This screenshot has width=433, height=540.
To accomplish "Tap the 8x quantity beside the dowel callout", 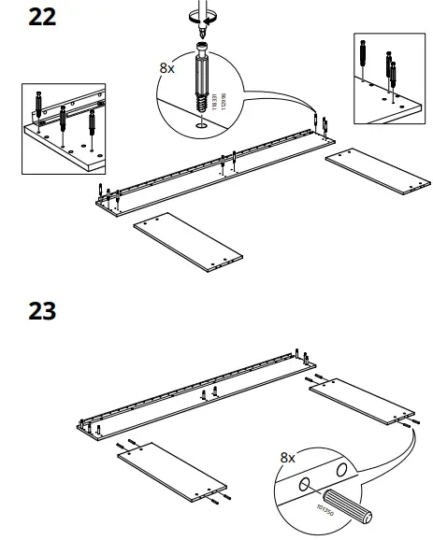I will [x=288, y=459].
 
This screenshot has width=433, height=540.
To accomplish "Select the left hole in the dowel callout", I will [x=304, y=486].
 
